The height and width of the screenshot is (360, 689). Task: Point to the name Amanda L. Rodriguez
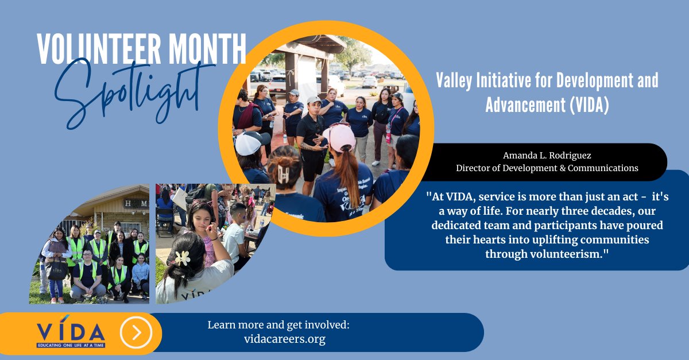(547, 156)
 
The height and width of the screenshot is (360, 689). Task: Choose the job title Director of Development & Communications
(547, 168)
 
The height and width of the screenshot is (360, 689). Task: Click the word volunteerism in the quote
(547, 253)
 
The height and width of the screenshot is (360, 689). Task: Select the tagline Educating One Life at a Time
(71, 346)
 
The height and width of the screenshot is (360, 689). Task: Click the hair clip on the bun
(282, 173)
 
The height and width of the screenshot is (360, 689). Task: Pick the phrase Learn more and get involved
(278, 325)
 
